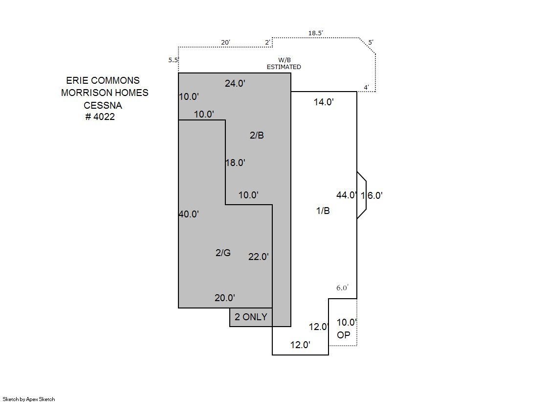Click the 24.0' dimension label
pyautogui.click(x=235, y=83)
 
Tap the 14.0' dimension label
pyautogui.click(x=324, y=102)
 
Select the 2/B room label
pyautogui.click(x=257, y=135)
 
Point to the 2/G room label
pyautogui.click(x=223, y=252)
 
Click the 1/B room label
pyautogui.click(x=323, y=211)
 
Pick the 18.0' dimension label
pyautogui.click(x=236, y=163)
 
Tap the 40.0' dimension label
pyautogui.click(x=189, y=214)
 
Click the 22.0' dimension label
pyautogui.click(x=259, y=257)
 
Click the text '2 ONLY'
pyautogui.click(x=251, y=317)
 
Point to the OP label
pyautogui.click(x=343, y=335)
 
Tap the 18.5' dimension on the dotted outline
pyautogui.click(x=315, y=33)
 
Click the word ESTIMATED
pyautogui.click(x=284, y=67)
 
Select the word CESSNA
pyautogui.click(x=103, y=105)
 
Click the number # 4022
pyautogui.click(x=100, y=117)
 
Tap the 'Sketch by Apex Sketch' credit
pyautogui.click(x=29, y=399)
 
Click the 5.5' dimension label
pyautogui.click(x=174, y=60)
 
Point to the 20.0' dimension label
pyautogui.click(x=225, y=298)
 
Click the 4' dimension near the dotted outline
pyautogui.click(x=366, y=87)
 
